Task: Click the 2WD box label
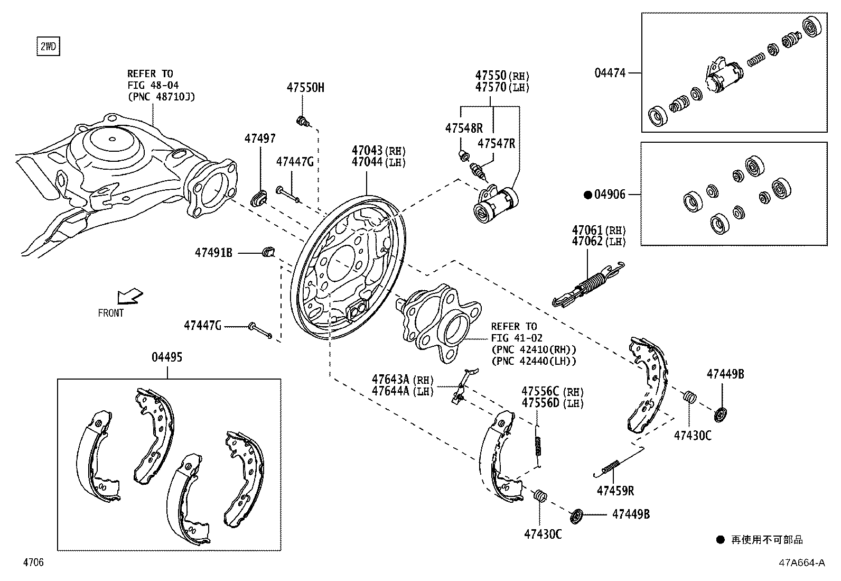[x=48, y=47]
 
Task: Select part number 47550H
[x=305, y=88]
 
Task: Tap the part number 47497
[x=259, y=139]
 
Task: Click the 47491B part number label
[x=213, y=253]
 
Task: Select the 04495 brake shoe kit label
[x=167, y=357]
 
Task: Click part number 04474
[x=610, y=73]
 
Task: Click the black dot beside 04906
[x=587, y=195]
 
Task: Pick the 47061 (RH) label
[x=598, y=230]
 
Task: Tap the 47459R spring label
[x=615, y=491]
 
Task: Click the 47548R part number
[x=464, y=128]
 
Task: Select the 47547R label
[x=496, y=143]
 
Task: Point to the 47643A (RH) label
[x=402, y=379]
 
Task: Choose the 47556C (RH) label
[x=552, y=391]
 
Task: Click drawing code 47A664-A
[x=801, y=562]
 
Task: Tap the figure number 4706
[x=33, y=562]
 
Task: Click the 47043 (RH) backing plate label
[x=378, y=150]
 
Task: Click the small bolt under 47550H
[x=303, y=122]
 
